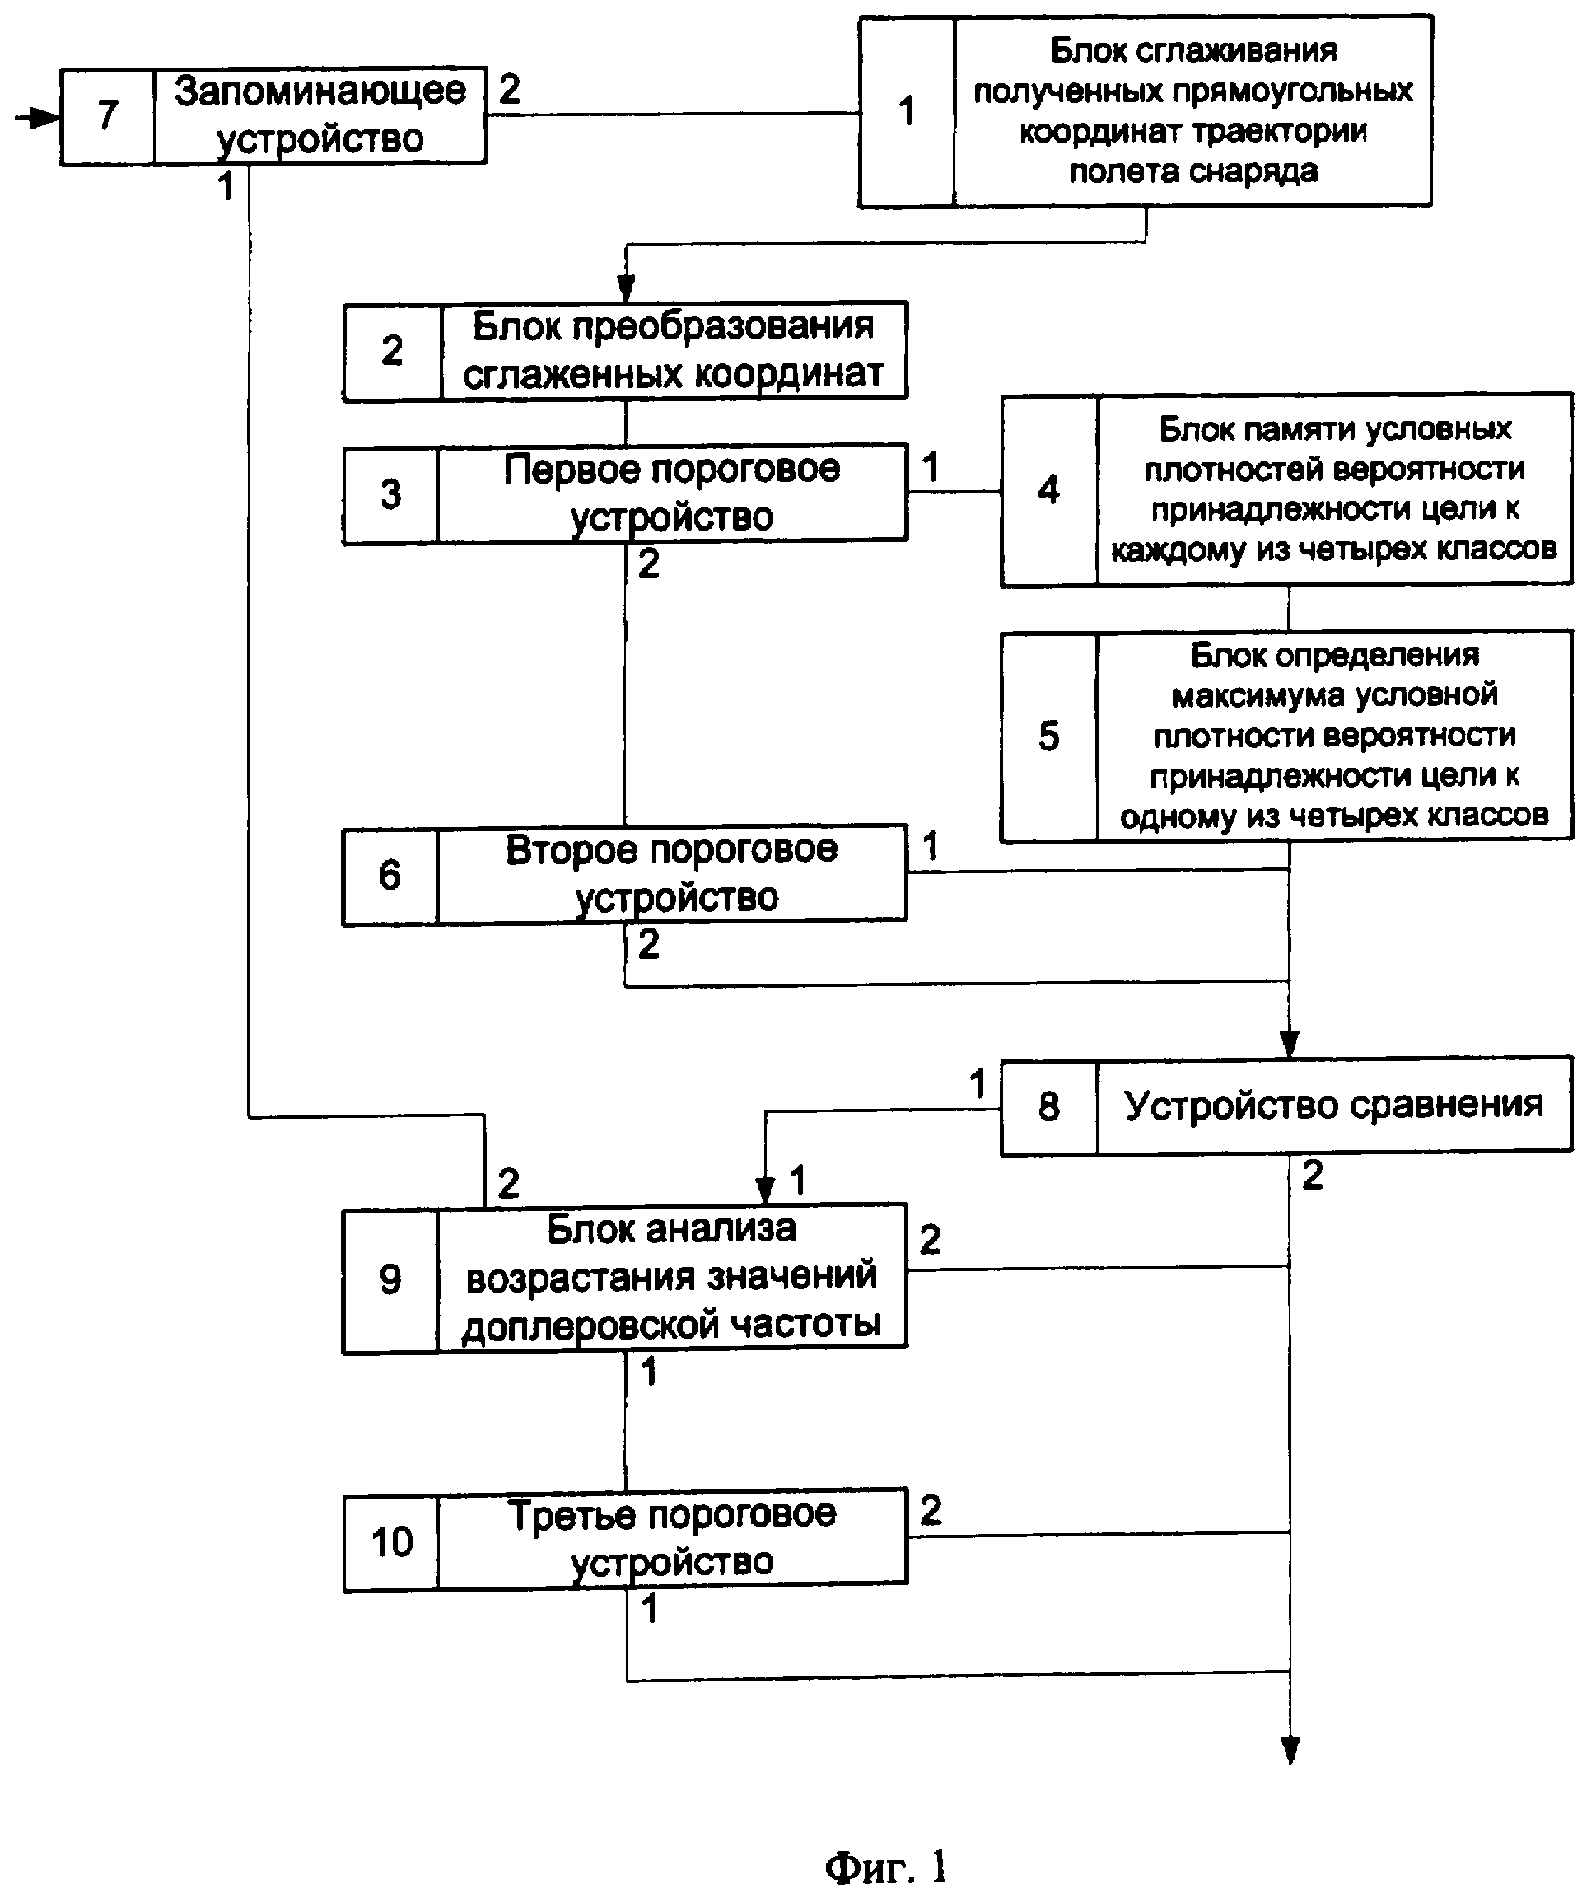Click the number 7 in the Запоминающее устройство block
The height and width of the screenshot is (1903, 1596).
click(x=108, y=115)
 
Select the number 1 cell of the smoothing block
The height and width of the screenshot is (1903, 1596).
click(x=906, y=110)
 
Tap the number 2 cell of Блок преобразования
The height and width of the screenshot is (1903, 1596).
click(x=391, y=351)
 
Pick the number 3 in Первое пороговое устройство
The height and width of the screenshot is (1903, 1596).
click(x=390, y=494)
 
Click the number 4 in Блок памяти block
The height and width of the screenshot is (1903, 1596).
click(x=1048, y=489)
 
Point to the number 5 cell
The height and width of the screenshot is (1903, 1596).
click(x=1048, y=736)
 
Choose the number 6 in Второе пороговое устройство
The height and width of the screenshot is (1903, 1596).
click(x=390, y=875)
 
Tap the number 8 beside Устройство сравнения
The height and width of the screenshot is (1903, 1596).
click(x=1048, y=1106)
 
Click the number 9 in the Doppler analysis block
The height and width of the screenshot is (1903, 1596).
click(x=390, y=1279)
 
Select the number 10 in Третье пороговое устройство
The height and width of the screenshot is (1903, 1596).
click(x=391, y=1541)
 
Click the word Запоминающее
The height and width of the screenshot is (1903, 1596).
click(x=320, y=91)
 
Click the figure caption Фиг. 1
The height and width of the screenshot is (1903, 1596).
click(x=885, y=1868)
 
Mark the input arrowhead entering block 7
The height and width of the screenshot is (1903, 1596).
click(x=45, y=118)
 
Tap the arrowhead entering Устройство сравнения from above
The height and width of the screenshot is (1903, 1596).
click(x=1290, y=1044)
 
